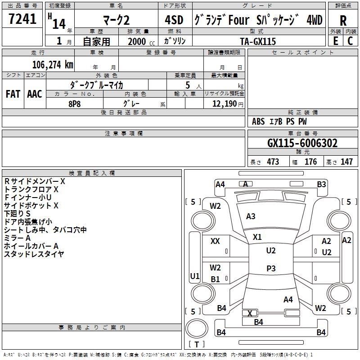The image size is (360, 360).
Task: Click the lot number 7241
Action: (22, 20)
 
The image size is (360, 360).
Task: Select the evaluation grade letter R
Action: (343, 21)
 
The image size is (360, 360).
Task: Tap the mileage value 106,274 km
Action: (52, 64)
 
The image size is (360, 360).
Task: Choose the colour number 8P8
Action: (74, 103)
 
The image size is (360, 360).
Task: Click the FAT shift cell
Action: (13, 94)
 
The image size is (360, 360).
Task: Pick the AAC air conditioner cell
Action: (34, 94)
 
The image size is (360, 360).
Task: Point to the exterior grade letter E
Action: (335, 40)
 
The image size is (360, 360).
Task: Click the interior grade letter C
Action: (350, 40)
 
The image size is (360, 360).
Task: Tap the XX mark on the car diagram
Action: (215, 241)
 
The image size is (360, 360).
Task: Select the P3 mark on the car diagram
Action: (271, 268)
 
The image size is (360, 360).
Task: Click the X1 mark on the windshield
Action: (257, 237)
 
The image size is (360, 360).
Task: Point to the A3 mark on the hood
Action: (251, 216)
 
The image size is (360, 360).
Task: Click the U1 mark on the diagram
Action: (194, 276)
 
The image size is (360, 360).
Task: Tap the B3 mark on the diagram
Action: (321, 184)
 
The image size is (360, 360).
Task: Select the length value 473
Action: (273, 162)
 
